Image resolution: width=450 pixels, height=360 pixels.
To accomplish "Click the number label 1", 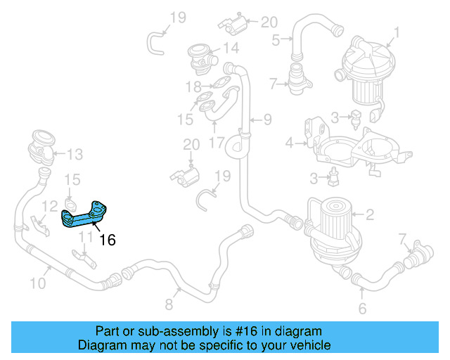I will [397, 32].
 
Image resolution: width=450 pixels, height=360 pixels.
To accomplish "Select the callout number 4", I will [289, 144].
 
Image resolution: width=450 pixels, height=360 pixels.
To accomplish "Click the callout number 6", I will [362, 309].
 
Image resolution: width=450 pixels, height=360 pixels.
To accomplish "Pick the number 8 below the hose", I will [168, 304].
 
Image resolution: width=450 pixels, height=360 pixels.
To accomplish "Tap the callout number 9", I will [267, 120].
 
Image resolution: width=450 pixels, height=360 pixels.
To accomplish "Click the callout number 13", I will [75, 153].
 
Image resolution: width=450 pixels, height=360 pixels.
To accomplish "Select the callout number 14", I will [231, 49].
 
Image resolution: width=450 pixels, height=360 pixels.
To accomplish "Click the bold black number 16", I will [107, 240].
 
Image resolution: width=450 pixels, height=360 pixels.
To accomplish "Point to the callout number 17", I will [217, 142].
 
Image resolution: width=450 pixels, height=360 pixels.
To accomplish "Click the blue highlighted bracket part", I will [88, 214].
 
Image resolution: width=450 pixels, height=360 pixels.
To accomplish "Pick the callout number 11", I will [84, 237].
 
